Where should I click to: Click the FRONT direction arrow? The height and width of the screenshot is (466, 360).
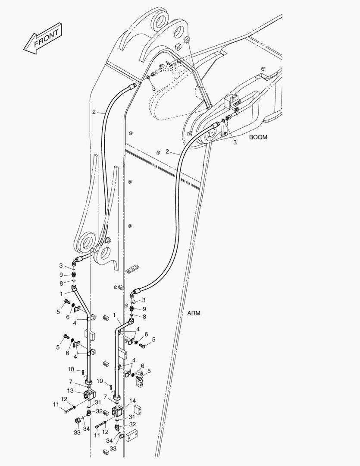[43, 38]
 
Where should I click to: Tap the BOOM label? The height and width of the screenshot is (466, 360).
[258, 137]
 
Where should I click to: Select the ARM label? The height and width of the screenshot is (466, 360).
[194, 313]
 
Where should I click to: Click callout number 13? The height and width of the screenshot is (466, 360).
[70, 390]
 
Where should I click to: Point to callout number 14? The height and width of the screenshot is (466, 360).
[132, 401]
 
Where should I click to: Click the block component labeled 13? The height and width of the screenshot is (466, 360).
[89, 394]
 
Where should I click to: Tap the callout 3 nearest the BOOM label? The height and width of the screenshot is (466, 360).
[235, 142]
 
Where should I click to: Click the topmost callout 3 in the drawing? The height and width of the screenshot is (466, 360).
[153, 88]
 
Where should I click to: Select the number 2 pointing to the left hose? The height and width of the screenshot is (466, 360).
[94, 112]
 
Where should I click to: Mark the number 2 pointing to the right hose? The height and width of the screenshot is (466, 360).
[167, 151]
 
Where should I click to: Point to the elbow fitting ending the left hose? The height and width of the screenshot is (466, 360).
[77, 261]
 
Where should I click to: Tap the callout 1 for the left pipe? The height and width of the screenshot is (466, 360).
[62, 294]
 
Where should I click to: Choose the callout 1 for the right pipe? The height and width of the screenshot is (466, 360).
[114, 315]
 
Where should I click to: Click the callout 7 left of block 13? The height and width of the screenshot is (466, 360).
[70, 381]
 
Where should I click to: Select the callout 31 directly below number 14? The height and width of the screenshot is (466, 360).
[132, 417]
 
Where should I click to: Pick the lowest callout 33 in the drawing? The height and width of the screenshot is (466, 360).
[113, 448]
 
